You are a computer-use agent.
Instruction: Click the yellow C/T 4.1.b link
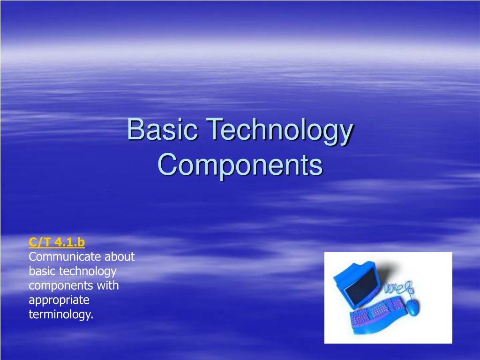click(x=57, y=242)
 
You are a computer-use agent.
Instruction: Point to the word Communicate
click(x=65, y=257)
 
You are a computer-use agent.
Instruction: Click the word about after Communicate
click(x=120, y=257)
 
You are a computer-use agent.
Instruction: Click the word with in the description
click(x=109, y=285)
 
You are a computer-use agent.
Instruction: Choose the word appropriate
click(x=59, y=300)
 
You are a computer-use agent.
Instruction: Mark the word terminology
click(x=61, y=315)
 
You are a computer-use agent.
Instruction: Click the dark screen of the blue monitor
click(x=361, y=286)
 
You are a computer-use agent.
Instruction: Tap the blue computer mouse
click(x=412, y=307)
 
